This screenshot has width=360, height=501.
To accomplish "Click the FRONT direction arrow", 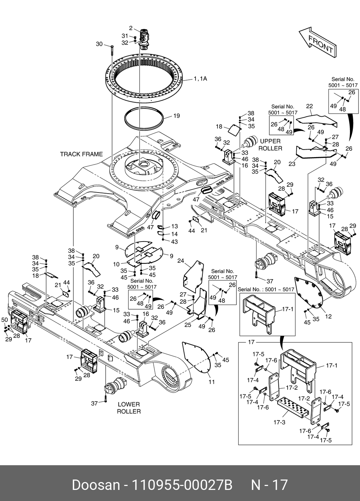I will tap(317, 42).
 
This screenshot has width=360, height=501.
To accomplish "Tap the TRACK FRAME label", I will tap(81, 154).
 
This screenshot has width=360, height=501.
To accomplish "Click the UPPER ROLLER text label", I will tap(270, 145).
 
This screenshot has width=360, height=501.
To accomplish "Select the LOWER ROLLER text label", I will tap(129, 408).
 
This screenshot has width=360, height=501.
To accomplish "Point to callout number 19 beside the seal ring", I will tap(176, 116).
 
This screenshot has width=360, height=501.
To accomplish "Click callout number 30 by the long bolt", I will tap(99, 44).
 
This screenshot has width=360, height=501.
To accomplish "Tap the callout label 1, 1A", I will tap(200, 79).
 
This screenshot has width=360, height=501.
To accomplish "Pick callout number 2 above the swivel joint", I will tap(131, 28).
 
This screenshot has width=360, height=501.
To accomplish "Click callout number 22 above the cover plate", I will tap(309, 106).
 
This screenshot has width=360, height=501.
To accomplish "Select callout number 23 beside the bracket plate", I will tap(292, 164).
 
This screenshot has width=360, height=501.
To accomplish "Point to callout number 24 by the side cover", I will tap(181, 261).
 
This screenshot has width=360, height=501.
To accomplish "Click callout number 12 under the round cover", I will tap(328, 316).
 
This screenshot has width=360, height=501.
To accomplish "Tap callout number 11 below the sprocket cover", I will tap(212, 382).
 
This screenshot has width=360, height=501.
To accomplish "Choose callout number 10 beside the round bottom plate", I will tap(116, 264).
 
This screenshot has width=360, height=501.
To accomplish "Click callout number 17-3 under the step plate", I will tap(279, 422).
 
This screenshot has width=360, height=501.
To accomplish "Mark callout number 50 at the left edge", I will tap(5, 320).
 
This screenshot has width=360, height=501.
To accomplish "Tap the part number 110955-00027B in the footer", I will tap(183, 485).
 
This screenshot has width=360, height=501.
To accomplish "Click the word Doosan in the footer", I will tap(96, 485).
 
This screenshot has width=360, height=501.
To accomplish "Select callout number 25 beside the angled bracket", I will tap(188, 325).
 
